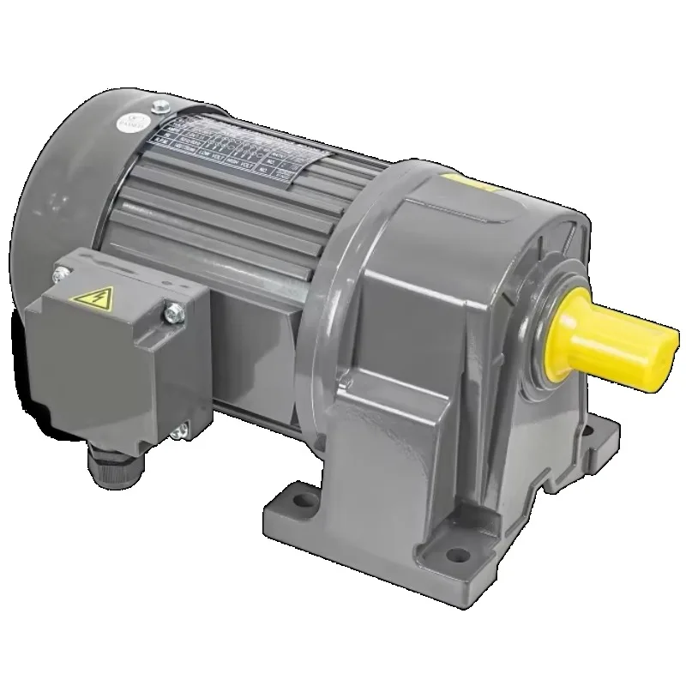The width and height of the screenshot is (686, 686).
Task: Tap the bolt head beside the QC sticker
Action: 159,108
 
